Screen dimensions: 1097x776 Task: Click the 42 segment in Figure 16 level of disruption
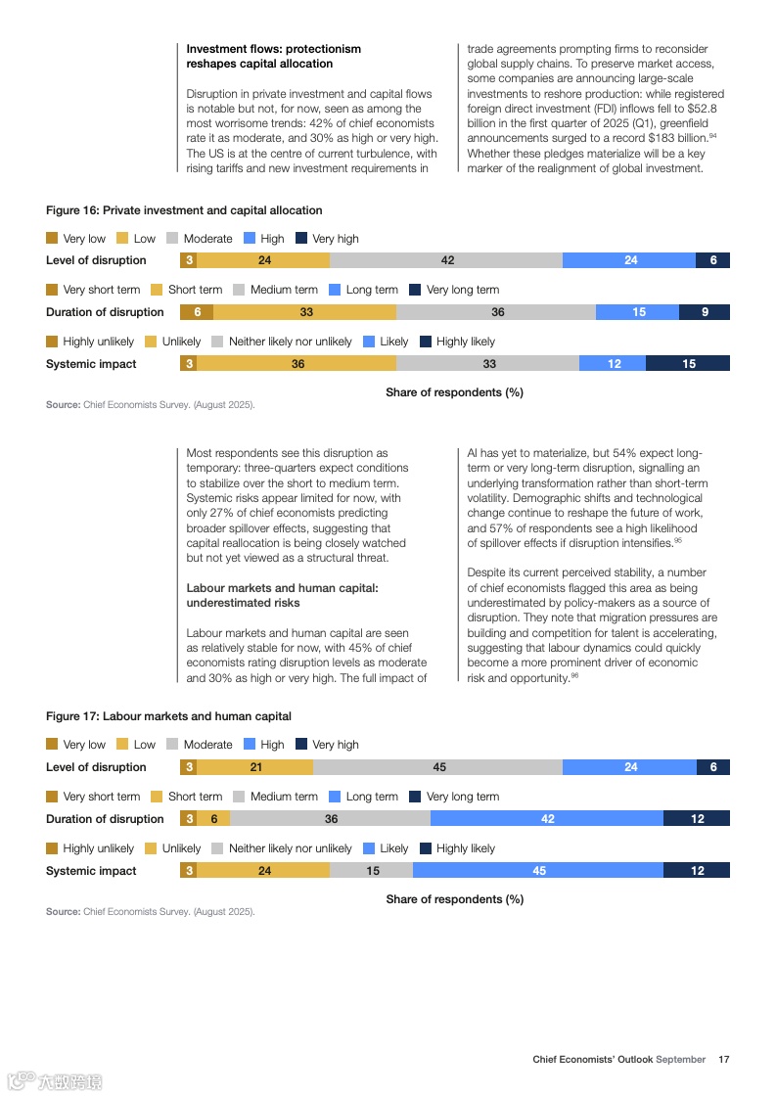pos(446,260)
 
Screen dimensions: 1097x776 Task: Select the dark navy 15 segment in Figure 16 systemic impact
pos(688,364)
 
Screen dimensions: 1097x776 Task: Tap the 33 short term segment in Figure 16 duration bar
pos(305,312)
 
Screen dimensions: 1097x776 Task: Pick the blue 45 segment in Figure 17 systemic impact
pos(538,871)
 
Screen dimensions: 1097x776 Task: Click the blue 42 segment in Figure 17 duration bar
pos(547,819)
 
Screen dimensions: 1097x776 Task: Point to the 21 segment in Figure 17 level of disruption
pos(255,767)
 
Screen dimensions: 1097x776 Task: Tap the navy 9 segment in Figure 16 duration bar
pos(705,312)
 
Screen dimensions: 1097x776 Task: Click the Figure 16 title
pos(184,210)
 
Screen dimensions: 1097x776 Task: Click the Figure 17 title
pos(168,716)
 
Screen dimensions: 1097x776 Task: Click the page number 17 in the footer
pos(724,1059)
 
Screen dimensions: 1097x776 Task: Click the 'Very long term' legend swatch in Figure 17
pos(415,797)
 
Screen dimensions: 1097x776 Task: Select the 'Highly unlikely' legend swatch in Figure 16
pos(52,342)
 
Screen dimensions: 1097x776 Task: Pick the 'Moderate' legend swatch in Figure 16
pos(172,238)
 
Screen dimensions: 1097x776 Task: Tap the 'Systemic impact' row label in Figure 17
pos(91,871)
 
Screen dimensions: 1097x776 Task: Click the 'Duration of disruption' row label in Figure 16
pos(105,312)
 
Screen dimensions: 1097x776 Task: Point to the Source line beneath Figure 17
pos(150,912)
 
